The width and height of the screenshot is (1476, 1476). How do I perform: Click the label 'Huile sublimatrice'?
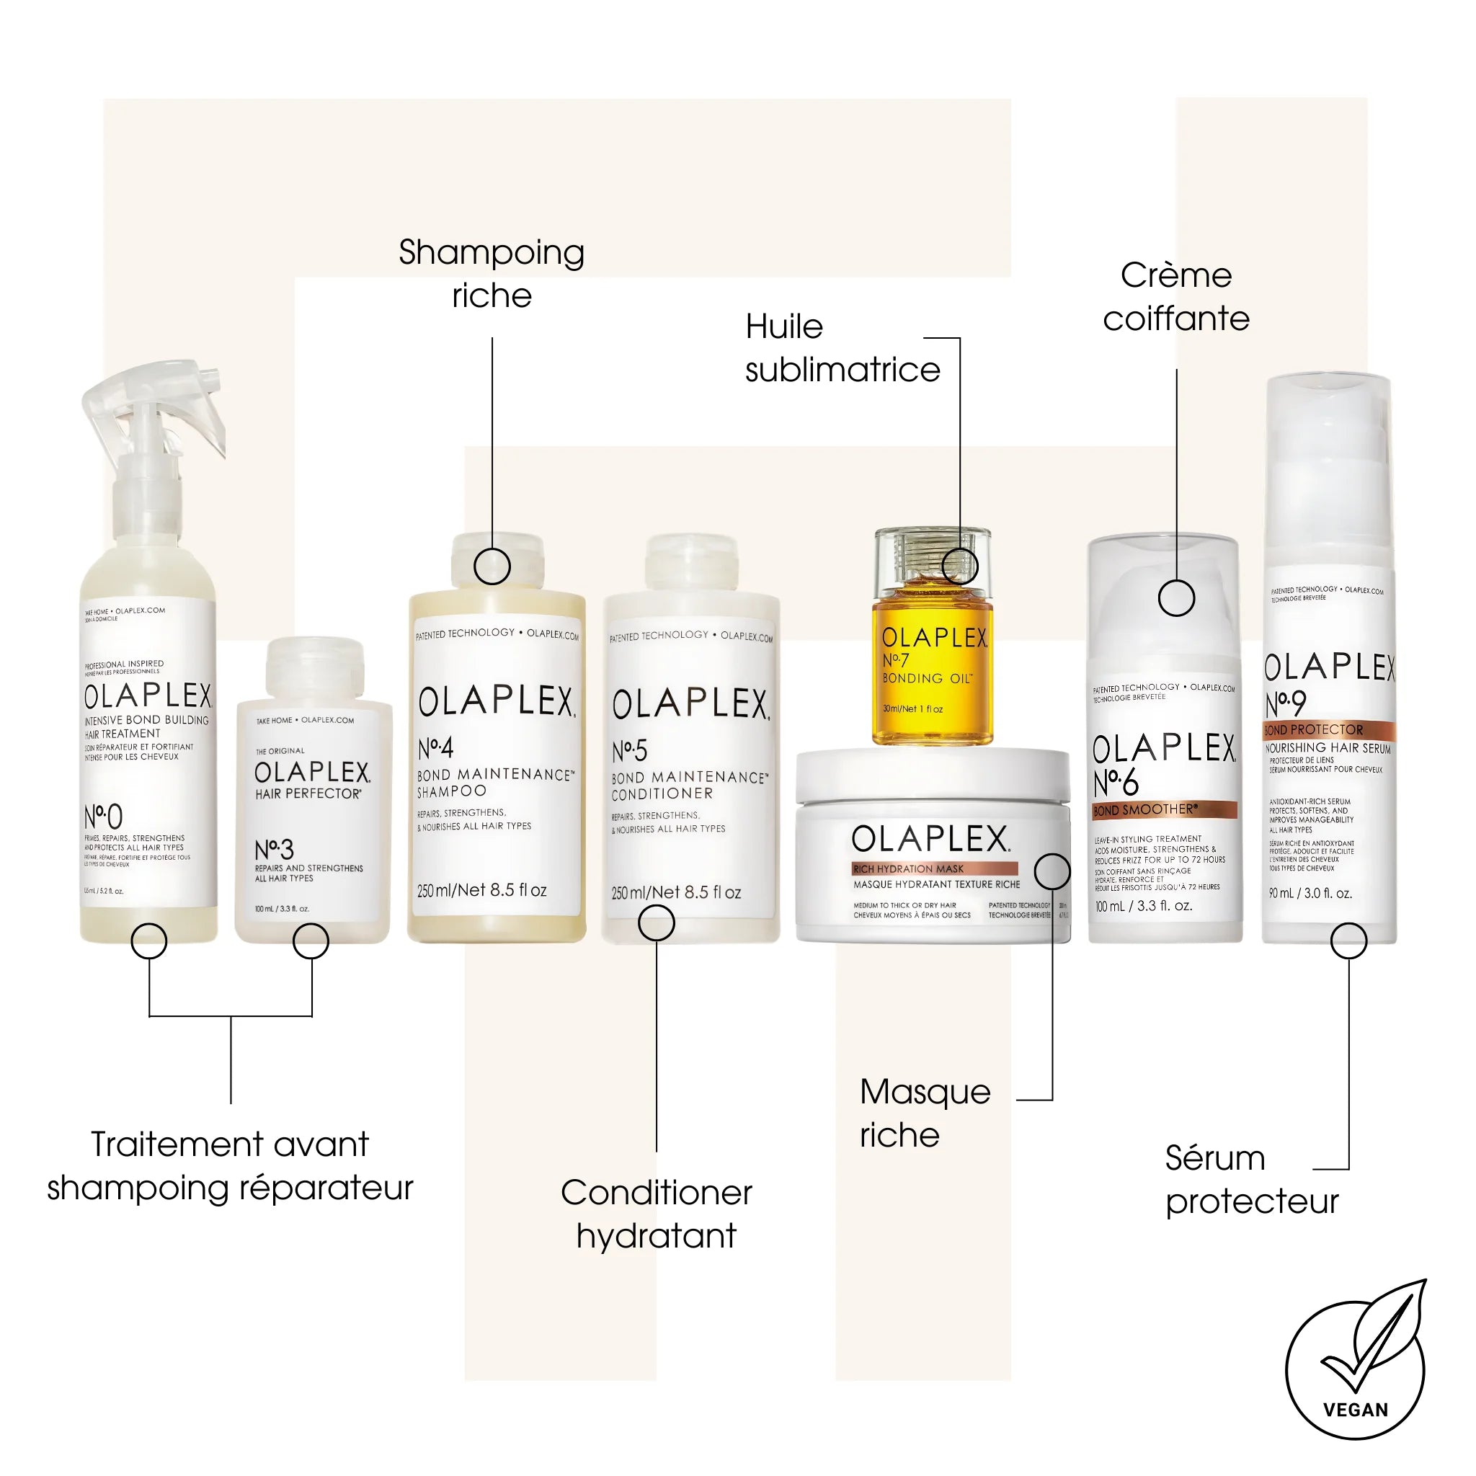(x=842, y=348)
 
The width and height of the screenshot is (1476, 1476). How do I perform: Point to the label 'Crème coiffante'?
(x=1175, y=297)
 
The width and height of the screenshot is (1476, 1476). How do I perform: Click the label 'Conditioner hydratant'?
(x=657, y=1213)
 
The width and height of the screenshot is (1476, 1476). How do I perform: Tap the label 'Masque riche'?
(x=925, y=1113)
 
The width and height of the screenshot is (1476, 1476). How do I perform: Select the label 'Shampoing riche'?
(x=492, y=273)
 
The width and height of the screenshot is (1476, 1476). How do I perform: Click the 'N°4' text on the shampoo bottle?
(x=435, y=747)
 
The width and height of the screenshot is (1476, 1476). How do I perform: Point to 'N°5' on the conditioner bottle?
(x=629, y=750)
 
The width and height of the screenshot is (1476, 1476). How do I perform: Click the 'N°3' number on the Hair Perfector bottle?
(x=273, y=849)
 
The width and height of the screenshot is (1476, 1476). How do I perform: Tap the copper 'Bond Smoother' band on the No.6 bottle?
(x=1163, y=810)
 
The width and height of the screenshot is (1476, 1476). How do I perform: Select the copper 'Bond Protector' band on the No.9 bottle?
(x=1328, y=729)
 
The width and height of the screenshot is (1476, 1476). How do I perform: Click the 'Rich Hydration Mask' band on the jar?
(x=934, y=868)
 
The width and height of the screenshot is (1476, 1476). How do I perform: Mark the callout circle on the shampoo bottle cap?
(x=492, y=566)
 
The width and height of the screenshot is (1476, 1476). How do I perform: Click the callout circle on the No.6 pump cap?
(x=1175, y=597)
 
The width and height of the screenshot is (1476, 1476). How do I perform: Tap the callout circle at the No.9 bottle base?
(x=1348, y=941)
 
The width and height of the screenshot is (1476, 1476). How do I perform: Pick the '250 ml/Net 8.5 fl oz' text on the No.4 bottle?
(x=482, y=890)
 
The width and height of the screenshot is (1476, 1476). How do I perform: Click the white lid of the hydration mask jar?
(x=932, y=773)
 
